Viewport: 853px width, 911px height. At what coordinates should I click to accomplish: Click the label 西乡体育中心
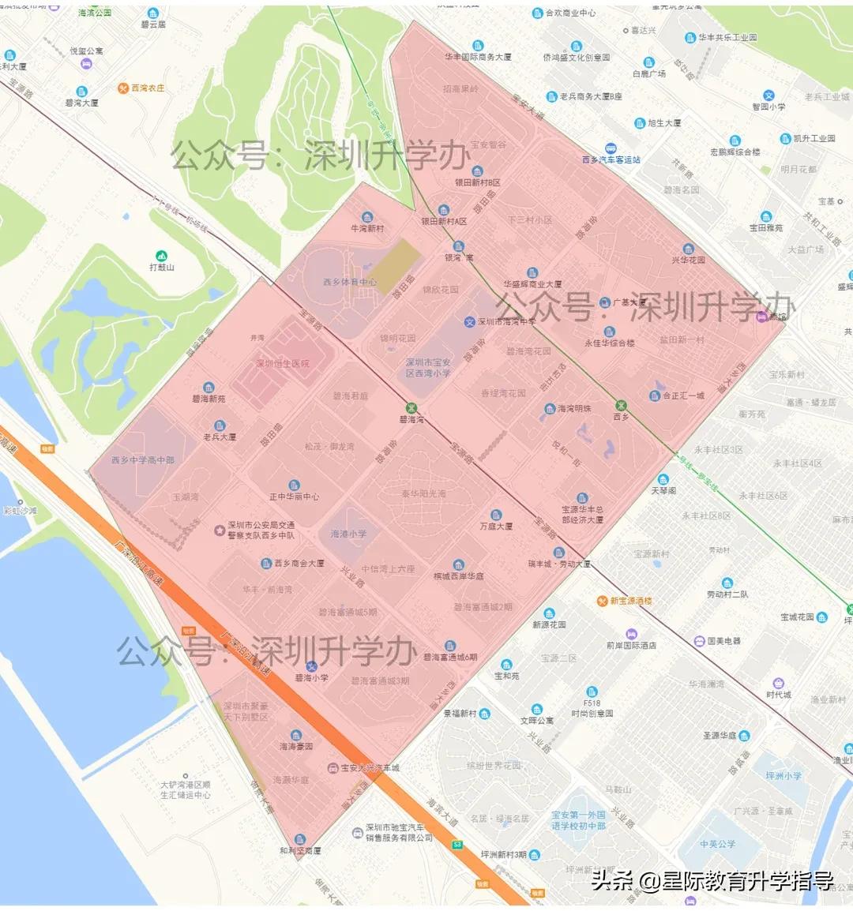pos(349,282)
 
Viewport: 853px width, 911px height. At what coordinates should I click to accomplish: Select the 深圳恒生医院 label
pos(283,364)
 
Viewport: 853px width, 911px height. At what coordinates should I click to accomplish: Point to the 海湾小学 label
pos(348,534)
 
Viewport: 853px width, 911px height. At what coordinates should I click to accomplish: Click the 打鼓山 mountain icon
pos(161,256)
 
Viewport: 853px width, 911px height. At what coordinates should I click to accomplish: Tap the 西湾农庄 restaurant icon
pos(123,88)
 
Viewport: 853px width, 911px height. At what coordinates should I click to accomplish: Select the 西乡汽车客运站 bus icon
pos(610,148)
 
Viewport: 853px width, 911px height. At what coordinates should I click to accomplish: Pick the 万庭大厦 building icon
pos(496,515)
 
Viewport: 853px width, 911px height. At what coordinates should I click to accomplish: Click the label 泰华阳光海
pos(423,493)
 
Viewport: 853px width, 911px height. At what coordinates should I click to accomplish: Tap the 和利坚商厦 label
pos(300,851)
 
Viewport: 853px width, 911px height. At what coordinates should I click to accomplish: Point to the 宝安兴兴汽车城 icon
pos(333,768)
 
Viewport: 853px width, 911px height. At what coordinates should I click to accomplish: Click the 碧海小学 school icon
pos(311,666)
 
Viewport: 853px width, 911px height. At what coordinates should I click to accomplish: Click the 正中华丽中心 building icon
pos(294,485)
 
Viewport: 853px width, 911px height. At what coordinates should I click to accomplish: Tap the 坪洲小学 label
pos(783,775)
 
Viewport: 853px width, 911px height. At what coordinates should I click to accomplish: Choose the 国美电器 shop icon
pos(698,641)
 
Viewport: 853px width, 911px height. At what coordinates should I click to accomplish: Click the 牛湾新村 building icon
pos(367,217)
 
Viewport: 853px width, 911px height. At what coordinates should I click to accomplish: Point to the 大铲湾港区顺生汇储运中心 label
pos(186,789)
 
